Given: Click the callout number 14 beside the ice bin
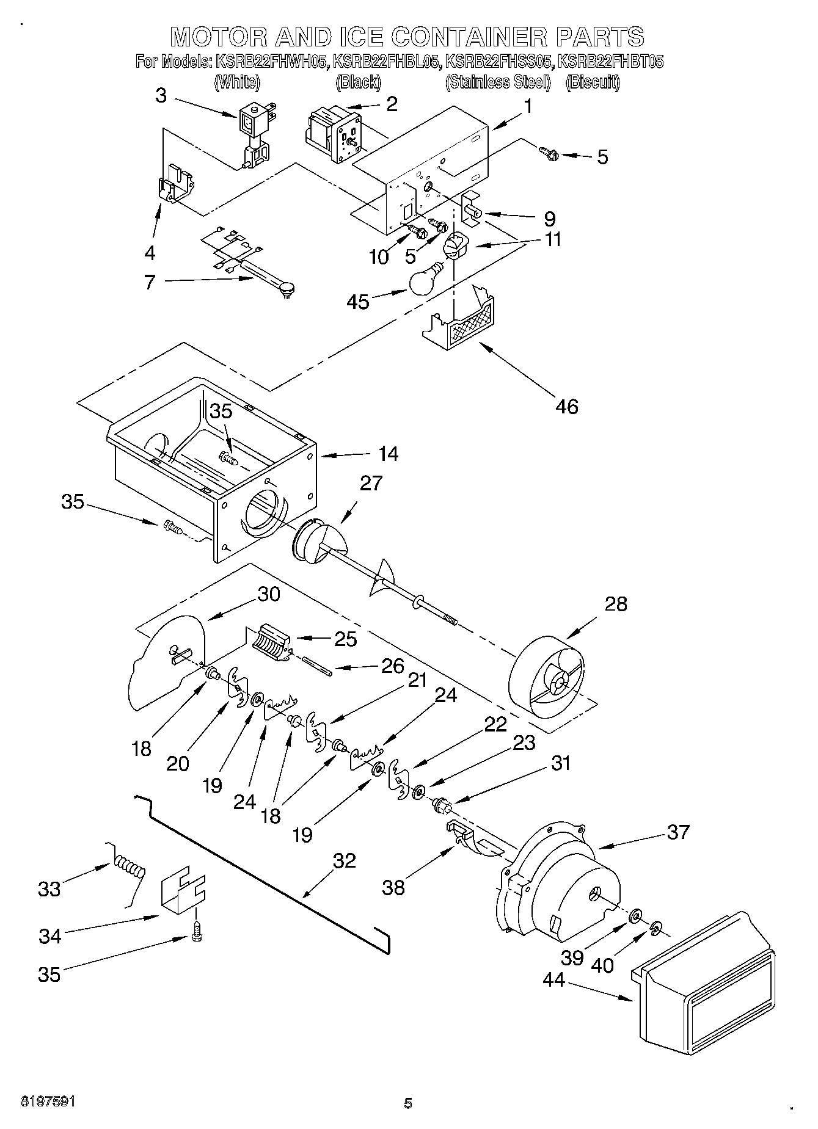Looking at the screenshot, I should (388, 454).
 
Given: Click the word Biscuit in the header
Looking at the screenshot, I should (592, 82).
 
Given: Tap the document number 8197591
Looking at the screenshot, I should (48, 1102).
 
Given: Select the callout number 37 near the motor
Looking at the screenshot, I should (678, 832).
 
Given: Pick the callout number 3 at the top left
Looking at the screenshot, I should (161, 95).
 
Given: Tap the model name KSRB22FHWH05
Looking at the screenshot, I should (271, 62).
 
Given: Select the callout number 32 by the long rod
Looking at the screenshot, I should (345, 860).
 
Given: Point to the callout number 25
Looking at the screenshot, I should (345, 639).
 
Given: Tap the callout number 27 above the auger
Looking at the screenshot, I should (370, 483).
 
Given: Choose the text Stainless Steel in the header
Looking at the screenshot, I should (498, 82).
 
